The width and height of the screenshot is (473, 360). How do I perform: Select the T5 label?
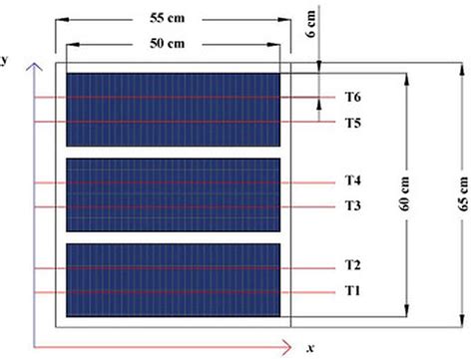[x=352, y=123]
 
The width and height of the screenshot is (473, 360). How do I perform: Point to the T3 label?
[x=352, y=206]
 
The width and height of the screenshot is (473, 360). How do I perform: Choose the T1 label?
[x=352, y=291]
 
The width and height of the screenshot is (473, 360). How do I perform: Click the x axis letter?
[x=310, y=346]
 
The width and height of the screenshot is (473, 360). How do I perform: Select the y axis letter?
[x=5, y=59]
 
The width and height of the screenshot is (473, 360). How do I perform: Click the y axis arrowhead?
[x=36, y=67]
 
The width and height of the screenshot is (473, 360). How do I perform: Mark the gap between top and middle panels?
[x=173, y=152]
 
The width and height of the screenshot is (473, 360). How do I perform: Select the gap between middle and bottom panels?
[x=173, y=236]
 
